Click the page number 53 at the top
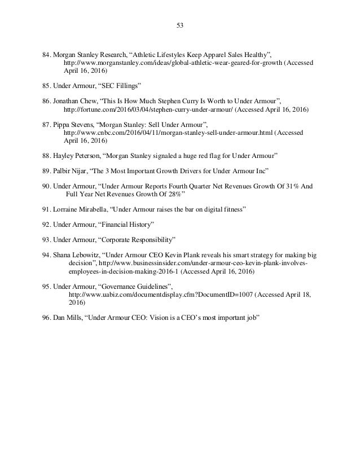(x=180, y=24)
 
